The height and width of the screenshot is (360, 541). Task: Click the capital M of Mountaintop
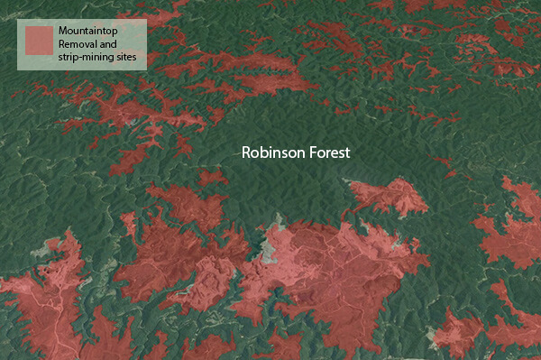62,30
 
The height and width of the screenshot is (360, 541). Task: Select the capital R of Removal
61,43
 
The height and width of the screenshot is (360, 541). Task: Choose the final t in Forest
346,152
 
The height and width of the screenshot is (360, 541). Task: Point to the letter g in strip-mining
118,59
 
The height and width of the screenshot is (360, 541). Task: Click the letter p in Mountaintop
116,32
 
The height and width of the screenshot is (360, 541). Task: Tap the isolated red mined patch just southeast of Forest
388,194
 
